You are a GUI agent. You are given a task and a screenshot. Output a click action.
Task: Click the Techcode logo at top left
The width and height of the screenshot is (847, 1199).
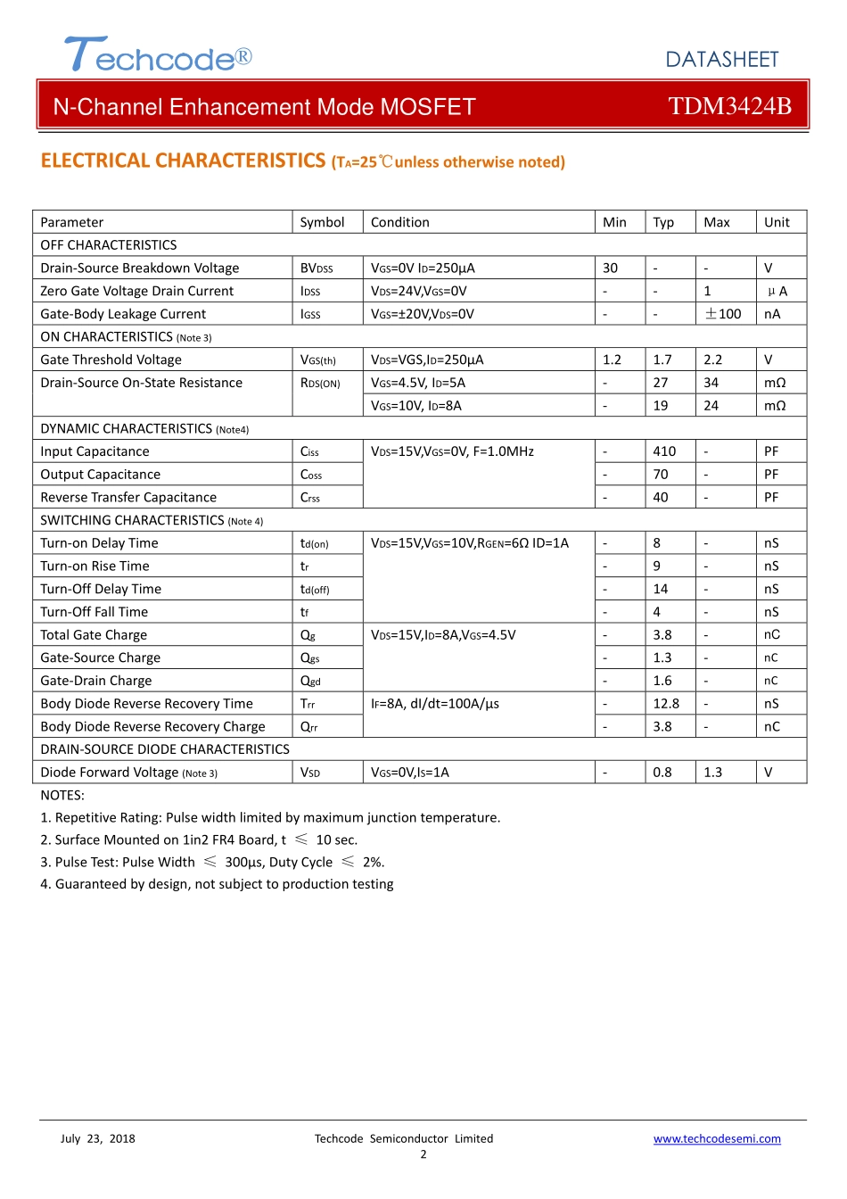click(158, 55)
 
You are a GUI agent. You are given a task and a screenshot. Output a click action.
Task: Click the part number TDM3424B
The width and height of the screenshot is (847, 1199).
click(729, 106)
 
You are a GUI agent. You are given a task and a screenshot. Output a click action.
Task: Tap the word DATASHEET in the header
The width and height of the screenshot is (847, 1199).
click(721, 60)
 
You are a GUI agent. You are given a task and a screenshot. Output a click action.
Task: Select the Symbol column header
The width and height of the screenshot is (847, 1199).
click(322, 222)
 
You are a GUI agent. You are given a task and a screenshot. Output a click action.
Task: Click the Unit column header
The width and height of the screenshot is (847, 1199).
click(777, 222)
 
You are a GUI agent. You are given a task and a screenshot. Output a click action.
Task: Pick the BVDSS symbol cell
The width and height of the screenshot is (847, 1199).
click(317, 269)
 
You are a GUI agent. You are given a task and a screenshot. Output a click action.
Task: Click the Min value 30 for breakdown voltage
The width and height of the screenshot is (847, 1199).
click(610, 269)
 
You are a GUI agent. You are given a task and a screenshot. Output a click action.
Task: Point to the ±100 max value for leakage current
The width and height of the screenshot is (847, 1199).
click(723, 314)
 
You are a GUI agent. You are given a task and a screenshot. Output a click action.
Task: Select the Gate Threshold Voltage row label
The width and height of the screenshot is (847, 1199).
click(111, 360)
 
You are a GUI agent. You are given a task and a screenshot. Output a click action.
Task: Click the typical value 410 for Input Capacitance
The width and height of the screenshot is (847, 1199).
click(664, 451)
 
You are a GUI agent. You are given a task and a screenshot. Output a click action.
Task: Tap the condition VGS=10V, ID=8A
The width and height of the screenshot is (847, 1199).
click(416, 406)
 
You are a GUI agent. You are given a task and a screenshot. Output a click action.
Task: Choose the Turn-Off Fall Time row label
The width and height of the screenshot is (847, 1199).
click(94, 612)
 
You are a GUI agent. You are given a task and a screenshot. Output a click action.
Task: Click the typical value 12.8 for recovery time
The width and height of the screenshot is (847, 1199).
click(666, 704)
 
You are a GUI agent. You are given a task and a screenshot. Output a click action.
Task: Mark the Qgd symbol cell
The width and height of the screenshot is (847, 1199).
click(310, 681)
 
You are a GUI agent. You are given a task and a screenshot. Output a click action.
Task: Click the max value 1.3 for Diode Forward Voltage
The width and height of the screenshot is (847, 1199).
click(712, 773)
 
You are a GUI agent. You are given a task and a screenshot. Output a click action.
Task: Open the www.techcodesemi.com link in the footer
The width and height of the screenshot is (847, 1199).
click(717, 1139)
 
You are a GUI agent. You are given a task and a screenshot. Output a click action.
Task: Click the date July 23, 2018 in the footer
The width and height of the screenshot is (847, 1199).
click(98, 1139)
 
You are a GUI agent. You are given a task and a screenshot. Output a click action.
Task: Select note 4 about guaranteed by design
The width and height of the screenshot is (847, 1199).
click(217, 884)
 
